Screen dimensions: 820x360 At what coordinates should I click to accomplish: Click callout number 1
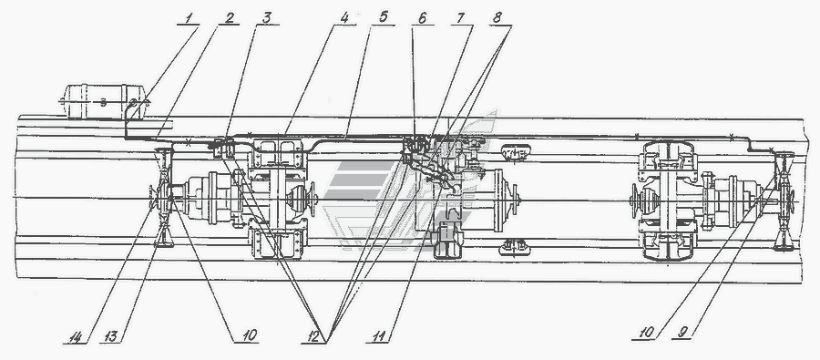tap(190, 17)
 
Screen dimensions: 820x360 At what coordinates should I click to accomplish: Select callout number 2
tap(229, 17)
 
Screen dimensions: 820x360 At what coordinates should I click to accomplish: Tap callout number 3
tap(267, 17)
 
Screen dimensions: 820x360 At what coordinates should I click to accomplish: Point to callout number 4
tap(343, 17)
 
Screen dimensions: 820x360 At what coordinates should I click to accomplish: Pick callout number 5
tap(384, 17)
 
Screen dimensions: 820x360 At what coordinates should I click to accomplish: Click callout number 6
tap(422, 17)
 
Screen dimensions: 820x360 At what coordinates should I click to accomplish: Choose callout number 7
tap(460, 17)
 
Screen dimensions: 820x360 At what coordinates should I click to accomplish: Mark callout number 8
tap(497, 17)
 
